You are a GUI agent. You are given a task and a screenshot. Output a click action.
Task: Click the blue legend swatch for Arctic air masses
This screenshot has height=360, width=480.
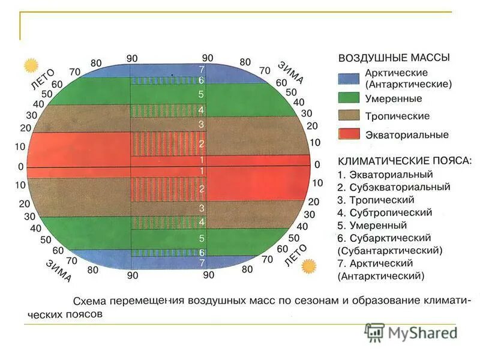point(348,78)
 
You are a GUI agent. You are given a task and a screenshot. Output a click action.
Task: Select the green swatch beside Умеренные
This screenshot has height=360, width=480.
point(348,97)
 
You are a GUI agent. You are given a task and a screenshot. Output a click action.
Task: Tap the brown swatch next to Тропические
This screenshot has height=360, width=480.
point(348,116)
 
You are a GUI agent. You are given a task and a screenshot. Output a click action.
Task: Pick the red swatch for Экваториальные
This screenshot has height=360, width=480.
point(348,134)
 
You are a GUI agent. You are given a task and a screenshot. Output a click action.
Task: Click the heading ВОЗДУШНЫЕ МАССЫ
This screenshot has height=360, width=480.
point(394,58)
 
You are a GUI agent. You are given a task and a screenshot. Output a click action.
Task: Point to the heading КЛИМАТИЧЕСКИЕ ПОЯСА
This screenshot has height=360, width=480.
point(405,161)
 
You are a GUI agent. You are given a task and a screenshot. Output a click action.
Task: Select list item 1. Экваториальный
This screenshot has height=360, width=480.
point(385,175)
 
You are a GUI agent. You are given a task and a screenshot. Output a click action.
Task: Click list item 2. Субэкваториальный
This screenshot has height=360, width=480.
point(394,187)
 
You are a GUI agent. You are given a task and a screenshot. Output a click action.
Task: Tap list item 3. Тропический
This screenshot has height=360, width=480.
point(376,200)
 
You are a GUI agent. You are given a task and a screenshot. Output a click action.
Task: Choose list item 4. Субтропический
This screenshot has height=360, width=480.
point(385,212)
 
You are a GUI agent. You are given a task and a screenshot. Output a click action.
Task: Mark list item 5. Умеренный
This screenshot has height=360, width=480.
point(372,226)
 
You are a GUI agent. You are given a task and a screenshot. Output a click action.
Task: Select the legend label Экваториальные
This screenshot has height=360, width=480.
point(407,135)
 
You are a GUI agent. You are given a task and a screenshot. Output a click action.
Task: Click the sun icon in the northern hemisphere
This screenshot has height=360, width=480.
point(28,64)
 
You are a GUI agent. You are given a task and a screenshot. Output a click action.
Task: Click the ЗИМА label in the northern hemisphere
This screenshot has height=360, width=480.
point(290,72)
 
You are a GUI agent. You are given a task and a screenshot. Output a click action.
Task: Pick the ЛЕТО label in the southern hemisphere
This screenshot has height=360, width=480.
point(295,256)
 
